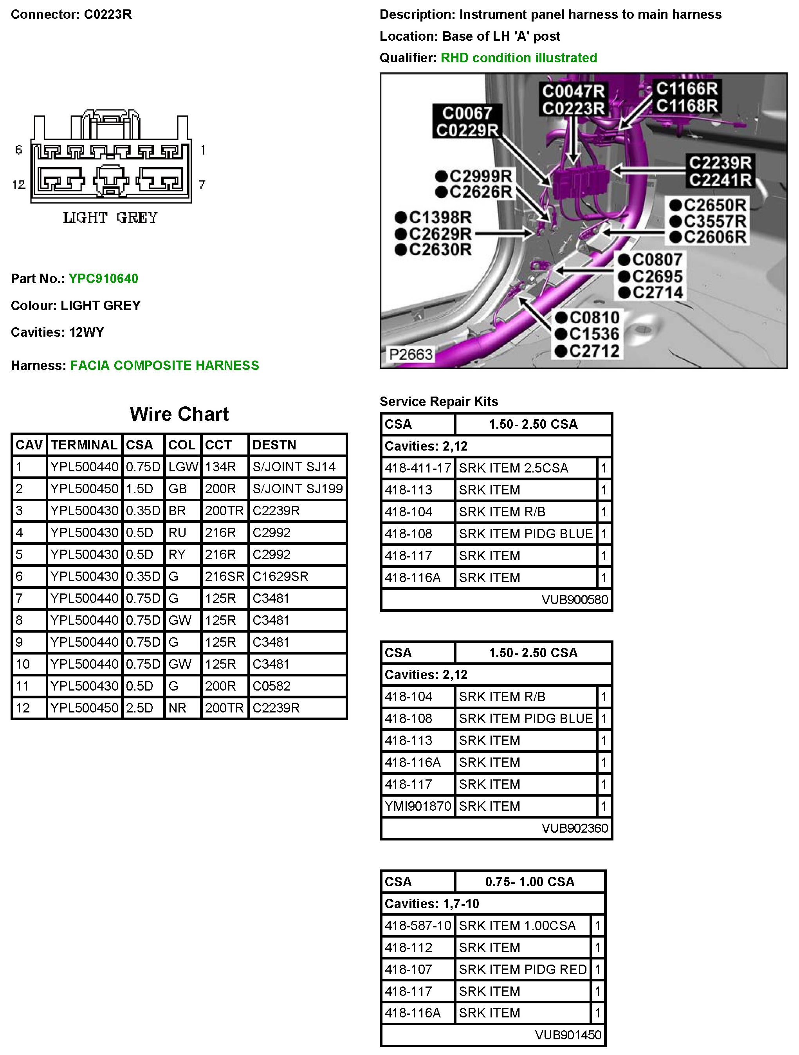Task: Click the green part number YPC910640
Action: (x=103, y=279)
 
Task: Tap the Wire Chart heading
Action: (x=179, y=414)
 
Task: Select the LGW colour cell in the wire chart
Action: (x=183, y=467)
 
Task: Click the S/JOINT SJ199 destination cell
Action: (x=297, y=489)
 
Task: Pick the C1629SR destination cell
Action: (x=280, y=576)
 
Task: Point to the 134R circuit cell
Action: (x=220, y=467)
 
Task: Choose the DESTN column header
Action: (x=274, y=445)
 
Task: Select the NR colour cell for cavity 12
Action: (x=177, y=708)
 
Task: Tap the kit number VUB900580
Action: (x=575, y=599)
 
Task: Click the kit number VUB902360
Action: (x=575, y=828)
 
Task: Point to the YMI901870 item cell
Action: (x=418, y=806)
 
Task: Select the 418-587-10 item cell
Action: (x=418, y=925)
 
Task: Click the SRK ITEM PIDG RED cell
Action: (x=522, y=969)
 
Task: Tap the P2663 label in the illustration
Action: (x=411, y=354)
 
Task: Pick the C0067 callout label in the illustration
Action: (x=467, y=113)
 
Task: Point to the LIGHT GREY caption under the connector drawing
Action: (x=110, y=218)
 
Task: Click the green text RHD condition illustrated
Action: (x=519, y=58)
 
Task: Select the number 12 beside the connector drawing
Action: (x=19, y=185)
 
